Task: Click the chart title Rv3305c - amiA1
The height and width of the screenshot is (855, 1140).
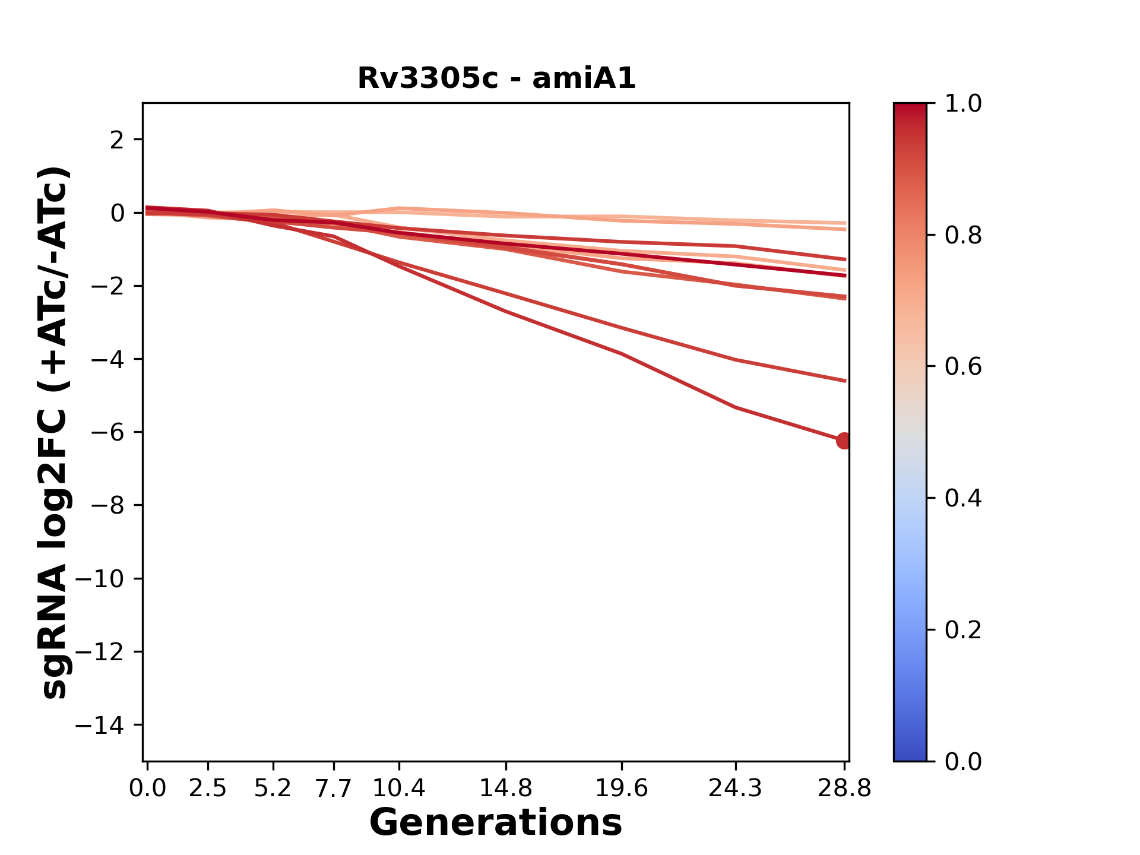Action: point(496,78)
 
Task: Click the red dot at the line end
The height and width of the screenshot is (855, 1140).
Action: point(843,441)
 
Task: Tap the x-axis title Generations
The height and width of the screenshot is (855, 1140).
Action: point(496,823)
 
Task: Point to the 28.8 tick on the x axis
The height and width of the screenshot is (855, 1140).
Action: point(844,788)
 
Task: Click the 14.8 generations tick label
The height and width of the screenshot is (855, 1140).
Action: point(506,788)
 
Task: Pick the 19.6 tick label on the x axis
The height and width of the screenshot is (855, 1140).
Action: point(622,788)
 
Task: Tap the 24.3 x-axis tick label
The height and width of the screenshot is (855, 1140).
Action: point(735,788)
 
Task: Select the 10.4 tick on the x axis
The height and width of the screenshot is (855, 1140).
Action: point(399,788)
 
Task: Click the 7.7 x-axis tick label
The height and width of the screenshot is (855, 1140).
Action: point(334,788)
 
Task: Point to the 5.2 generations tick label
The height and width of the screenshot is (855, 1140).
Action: point(273,788)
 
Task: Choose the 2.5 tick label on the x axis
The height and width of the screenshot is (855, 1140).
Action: point(208,788)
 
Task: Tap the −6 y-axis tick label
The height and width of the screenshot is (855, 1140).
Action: point(107,432)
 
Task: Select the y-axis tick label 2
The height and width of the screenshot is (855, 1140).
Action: point(117,140)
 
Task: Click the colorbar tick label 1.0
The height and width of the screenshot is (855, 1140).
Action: point(963,104)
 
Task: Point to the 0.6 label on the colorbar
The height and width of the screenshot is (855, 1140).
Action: point(963,367)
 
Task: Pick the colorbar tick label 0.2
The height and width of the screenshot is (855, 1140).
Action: point(963,630)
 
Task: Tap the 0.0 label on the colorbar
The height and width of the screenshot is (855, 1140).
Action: point(963,761)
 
